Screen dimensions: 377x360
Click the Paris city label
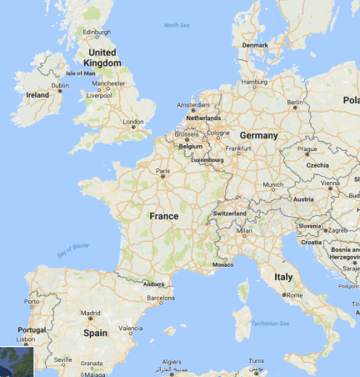pos(163,172)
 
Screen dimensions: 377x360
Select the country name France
pos(163,216)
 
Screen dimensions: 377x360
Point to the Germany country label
pos(258,135)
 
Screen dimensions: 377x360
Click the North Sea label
pos(177,26)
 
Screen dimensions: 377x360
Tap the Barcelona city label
pos(160,297)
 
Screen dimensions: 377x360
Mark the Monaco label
pos(222,264)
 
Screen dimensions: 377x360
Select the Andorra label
pos(154,283)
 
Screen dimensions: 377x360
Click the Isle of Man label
pos(82,73)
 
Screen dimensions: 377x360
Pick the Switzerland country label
pos(230,214)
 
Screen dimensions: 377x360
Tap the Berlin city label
pos(294,103)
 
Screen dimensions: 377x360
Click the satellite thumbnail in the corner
pos(16,360)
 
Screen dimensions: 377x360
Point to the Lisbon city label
pos(26,339)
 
